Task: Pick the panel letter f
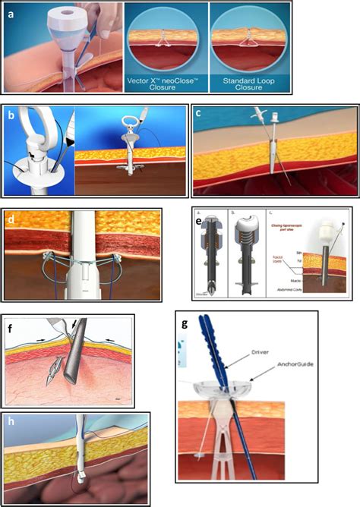(11, 329)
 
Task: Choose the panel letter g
(184, 321)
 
